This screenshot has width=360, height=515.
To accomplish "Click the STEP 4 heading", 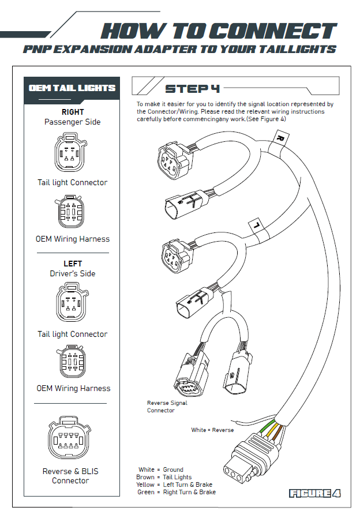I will pyautogui.click(x=192, y=89).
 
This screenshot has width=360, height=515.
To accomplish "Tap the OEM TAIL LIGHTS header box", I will pyautogui.click(x=72, y=88).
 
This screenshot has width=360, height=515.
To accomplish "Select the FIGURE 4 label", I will pyautogui.click(x=314, y=493).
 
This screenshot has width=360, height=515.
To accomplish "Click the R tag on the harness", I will pyautogui.click(x=280, y=139).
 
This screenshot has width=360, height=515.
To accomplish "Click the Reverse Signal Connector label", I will pyautogui.click(x=167, y=407).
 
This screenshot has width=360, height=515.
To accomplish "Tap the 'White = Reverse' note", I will pyautogui.click(x=213, y=430).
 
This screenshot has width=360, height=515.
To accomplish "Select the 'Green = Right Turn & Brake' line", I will pyautogui.click(x=177, y=492).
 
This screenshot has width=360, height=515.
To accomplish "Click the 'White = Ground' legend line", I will pyautogui.click(x=161, y=469).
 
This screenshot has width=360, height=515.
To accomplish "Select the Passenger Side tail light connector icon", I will pyautogui.click(x=72, y=153).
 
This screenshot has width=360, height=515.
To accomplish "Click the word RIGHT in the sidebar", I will pyautogui.click(x=73, y=112).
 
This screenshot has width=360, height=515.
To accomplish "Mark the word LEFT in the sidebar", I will pyautogui.click(x=73, y=264).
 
